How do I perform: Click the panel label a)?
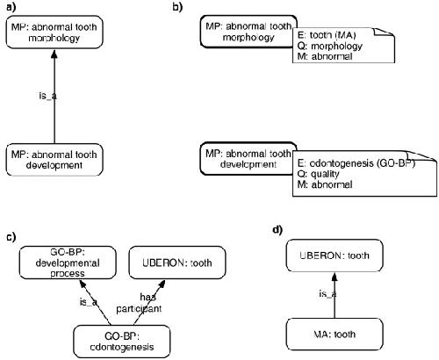click(11, 7)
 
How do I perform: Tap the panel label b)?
click(177, 7)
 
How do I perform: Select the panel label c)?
click(11, 237)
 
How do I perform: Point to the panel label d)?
click(277, 230)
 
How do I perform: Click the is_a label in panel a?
click(47, 96)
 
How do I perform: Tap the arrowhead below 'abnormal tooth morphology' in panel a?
click(54, 54)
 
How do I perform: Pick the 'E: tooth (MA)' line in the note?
click(327, 35)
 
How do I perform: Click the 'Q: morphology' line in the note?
click(329, 46)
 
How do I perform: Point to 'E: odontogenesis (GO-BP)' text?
click(356, 163)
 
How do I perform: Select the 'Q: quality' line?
click(318, 174)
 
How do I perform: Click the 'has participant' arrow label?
click(139, 303)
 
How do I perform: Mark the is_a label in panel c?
click(89, 302)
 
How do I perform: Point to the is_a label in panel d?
click(327, 293)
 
